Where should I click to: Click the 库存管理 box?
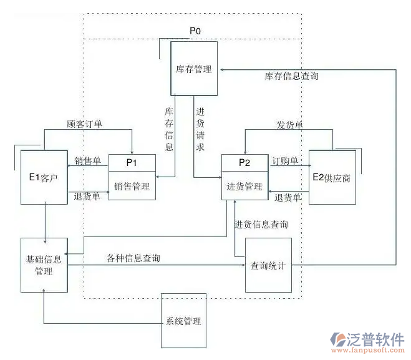194,69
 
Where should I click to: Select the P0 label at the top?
195,30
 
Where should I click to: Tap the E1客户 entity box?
44,177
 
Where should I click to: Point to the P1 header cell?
132,162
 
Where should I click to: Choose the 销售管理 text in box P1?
132,186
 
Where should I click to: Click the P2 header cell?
244,162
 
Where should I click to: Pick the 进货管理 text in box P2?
244,186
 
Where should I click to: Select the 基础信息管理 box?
44,265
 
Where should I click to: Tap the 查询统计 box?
268,265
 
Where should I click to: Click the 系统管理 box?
184,321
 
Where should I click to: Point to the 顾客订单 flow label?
85,124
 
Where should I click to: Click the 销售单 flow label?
88,161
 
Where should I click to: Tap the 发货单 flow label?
290,125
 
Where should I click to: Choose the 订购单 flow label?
285,161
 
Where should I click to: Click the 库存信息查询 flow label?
292,76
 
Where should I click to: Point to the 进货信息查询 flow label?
261,224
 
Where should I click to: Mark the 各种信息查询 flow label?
133,258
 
